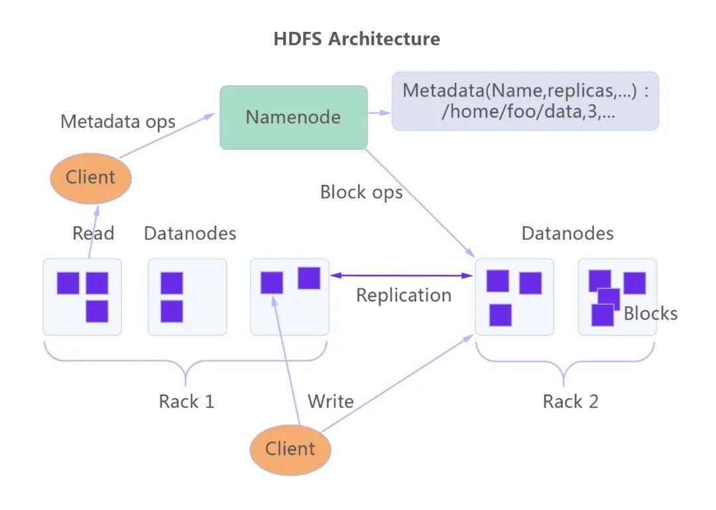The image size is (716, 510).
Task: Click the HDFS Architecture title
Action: (357, 38)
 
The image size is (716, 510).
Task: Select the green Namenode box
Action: (293, 117)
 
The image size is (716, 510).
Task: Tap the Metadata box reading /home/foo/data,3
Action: (525, 101)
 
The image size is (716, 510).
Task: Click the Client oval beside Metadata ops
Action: (91, 177)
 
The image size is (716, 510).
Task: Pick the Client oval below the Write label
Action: (290, 449)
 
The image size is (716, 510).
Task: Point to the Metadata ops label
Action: (118, 122)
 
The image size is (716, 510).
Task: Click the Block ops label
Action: (361, 192)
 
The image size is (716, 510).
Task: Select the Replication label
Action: (403, 295)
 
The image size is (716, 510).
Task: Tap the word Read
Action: (93, 233)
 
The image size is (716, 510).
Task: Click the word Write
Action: (330, 401)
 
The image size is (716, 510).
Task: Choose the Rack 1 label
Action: (186, 401)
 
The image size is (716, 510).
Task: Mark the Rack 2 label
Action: (570, 401)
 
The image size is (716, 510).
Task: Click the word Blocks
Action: (650, 313)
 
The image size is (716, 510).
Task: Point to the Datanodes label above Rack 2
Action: (567, 233)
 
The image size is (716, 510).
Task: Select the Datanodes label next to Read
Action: (190, 233)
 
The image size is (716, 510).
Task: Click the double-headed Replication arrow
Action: (403, 275)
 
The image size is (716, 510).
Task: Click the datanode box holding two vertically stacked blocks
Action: (187, 296)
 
